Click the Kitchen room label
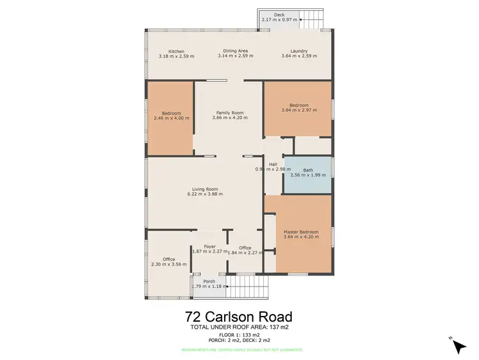click(x=176, y=51)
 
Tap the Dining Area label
click(x=235, y=51)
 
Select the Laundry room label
click(x=299, y=51)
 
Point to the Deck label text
click(x=279, y=14)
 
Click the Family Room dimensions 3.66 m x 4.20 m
click(x=230, y=118)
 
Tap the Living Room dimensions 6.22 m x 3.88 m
click(x=205, y=193)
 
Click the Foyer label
click(x=209, y=246)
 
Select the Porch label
click(x=209, y=281)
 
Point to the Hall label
click(x=273, y=164)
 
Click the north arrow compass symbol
click(x=458, y=345)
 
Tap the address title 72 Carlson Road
click(x=239, y=317)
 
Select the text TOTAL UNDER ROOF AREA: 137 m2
click(x=239, y=327)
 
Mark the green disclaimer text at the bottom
click(x=239, y=350)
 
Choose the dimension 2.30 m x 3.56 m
click(x=169, y=264)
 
